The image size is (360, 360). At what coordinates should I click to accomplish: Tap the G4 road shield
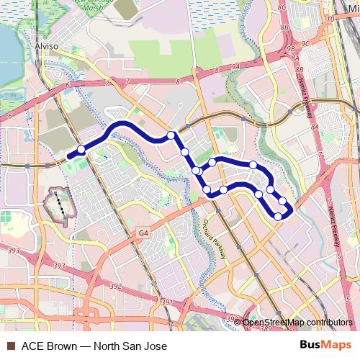[x=145, y=233]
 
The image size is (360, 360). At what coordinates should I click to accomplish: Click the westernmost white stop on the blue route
[x=81, y=150]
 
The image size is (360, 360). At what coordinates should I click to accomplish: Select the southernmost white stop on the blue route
[x=279, y=216]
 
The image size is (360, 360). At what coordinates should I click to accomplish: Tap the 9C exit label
[x=305, y=42]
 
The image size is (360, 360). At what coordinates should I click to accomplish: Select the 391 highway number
[x=167, y=303]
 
